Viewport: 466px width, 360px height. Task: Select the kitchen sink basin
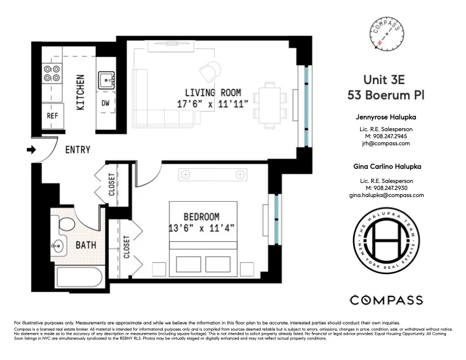[x=106, y=79]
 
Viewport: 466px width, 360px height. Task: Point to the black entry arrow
[x=31, y=150]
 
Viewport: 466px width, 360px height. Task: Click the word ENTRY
[x=78, y=150]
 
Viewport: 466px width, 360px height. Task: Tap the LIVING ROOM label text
[x=212, y=92]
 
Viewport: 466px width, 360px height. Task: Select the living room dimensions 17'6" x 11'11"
[x=212, y=104]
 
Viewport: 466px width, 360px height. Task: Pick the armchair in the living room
[x=209, y=72]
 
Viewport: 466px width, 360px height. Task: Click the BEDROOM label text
[x=201, y=216]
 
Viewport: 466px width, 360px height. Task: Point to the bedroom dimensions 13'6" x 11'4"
[x=201, y=228]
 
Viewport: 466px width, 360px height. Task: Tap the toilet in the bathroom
[x=65, y=225]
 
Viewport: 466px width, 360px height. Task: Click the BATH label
[x=85, y=244]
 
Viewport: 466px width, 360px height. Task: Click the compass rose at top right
[x=385, y=34]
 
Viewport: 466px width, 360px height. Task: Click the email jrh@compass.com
[x=385, y=143]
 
